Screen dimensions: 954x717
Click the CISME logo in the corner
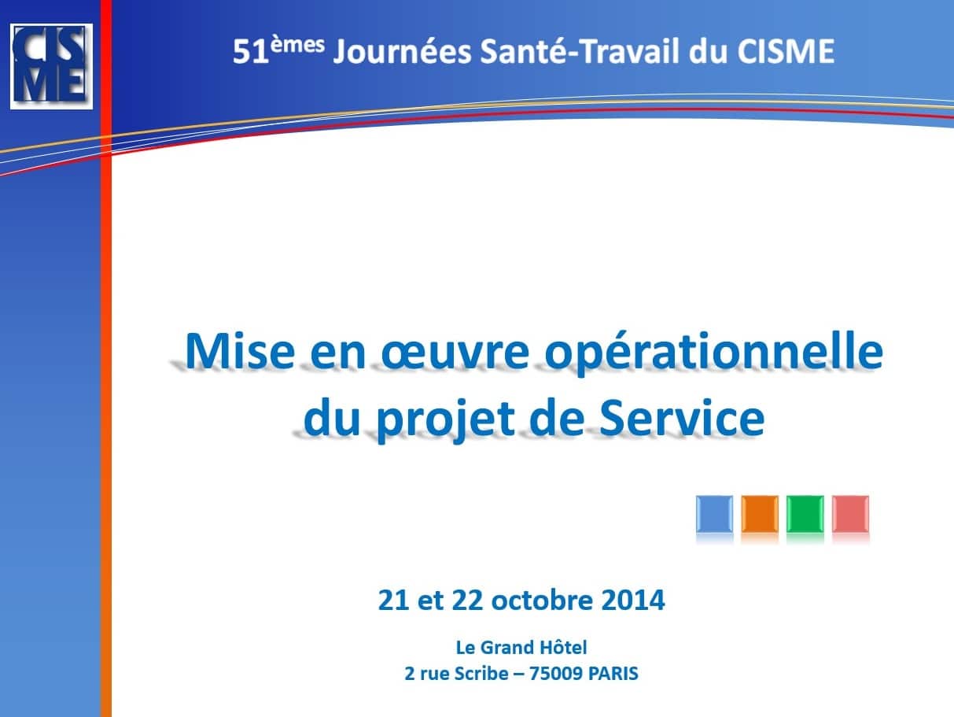(x=51, y=66)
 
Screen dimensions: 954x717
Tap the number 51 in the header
(x=250, y=52)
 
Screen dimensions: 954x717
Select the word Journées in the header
(x=403, y=52)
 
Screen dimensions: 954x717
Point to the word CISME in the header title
(x=786, y=51)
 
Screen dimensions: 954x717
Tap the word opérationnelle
(x=713, y=353)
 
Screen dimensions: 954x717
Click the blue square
(x=715, y=513)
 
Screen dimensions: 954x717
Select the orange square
(x=760, y=513)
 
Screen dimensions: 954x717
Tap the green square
(x=805, y=513)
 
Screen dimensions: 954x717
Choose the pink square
(x=850, y=513)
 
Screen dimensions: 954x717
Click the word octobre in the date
(x=542, y=600)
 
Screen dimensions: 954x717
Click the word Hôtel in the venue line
(x=563, y=648)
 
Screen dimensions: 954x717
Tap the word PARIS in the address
(x=613, y=674)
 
